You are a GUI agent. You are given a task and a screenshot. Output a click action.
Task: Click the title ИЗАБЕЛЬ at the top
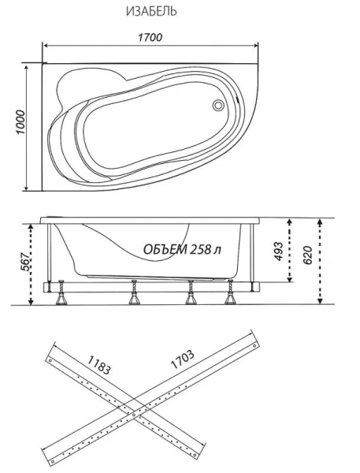(150, 12)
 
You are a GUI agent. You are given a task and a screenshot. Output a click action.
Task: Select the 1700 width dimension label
(150, 37)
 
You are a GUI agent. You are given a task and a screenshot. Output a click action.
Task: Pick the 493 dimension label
(278, 250)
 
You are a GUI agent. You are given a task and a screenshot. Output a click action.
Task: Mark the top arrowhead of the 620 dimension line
(321, 223)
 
